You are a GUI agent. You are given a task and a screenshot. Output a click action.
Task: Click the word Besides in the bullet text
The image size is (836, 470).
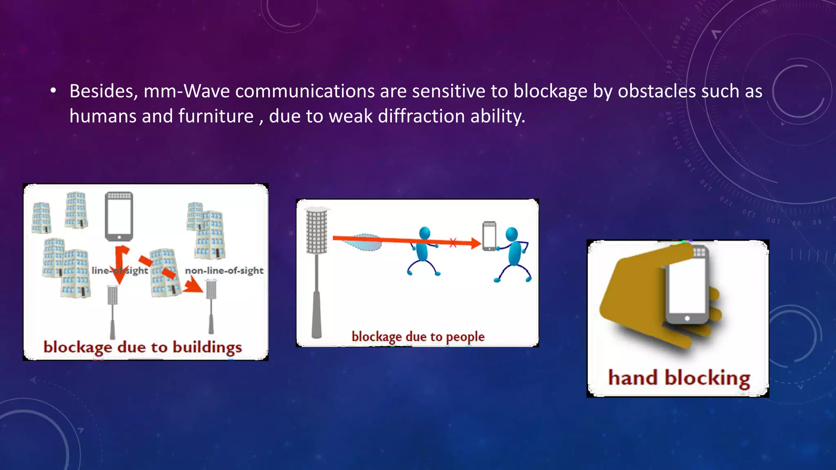coord(103,91)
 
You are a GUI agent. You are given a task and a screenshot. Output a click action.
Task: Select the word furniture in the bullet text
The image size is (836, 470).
coord(216,116)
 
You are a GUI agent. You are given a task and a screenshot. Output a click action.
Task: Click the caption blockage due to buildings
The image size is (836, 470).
coord(142,347)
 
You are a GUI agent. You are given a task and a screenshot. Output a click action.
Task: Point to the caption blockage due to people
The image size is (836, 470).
coord(418,337)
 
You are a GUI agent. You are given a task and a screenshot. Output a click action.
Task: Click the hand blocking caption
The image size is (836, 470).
coord(679,378)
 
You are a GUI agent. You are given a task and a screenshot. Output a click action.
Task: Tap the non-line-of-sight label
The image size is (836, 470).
coord(224,270)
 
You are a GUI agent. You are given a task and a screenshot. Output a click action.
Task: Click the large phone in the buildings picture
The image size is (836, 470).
coord(119,216)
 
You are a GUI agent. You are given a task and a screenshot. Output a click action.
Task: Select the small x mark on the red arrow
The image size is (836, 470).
coord(453,243)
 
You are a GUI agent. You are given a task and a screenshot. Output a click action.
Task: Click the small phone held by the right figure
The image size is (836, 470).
coord(489,236)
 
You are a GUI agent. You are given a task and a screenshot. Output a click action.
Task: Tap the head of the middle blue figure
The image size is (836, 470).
coord(425,233)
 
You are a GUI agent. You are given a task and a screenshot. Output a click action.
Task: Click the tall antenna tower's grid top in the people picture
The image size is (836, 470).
coord(317,231)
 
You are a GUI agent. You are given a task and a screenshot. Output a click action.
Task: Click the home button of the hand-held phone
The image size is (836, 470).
coord(687,318)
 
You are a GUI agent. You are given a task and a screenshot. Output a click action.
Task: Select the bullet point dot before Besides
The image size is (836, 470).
coord(53,91)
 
